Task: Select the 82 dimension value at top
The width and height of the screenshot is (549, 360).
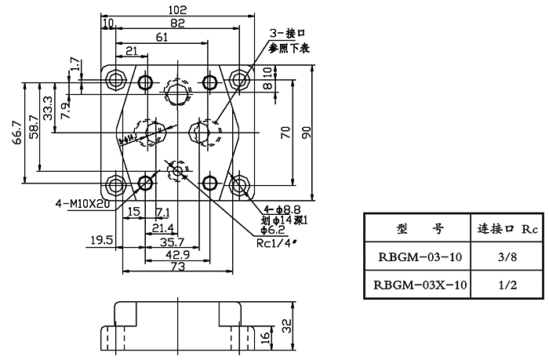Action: pos(177,23)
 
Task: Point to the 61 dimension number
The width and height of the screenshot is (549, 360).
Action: pos(161,38)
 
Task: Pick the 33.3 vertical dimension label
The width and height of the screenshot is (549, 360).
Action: pos(49,107)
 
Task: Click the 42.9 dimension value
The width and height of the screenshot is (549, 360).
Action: pos(177,255)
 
